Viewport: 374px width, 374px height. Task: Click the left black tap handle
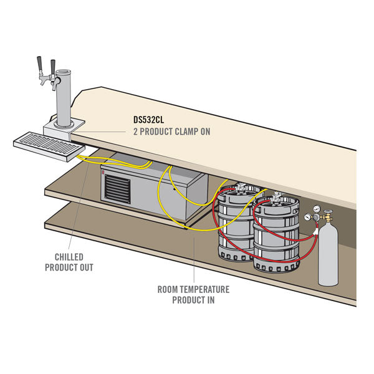pyautogui.click(x=39, y=65)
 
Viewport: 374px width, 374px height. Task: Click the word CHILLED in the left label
pyautogui.click(x=69, y=257)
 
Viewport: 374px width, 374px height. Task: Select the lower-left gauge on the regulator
pyautogui.click(x=309, y=218)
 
